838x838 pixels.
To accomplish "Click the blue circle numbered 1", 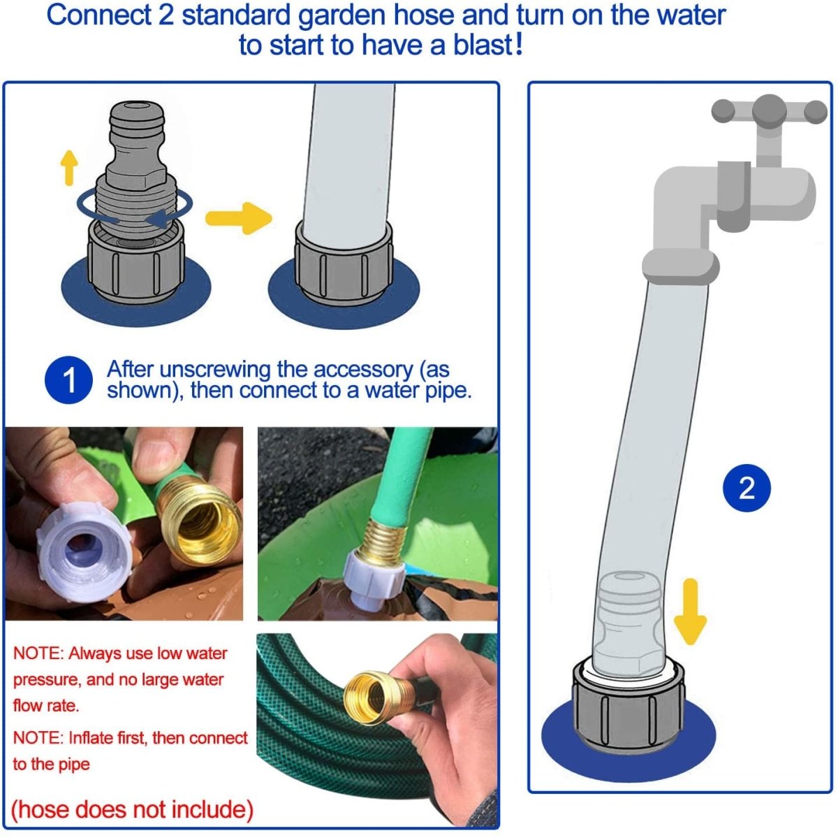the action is tap(68, 380).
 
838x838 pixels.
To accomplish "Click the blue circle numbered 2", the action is tap(747, 488).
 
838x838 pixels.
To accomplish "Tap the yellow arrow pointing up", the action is tap(68, 168).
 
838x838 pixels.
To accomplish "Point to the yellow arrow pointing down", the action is tap(690, 611).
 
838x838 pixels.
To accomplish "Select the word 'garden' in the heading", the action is tap(341, 15).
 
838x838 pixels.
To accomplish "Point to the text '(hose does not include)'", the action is tap(132, 810).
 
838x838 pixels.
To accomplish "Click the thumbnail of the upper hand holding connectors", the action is tap(124, 523).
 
